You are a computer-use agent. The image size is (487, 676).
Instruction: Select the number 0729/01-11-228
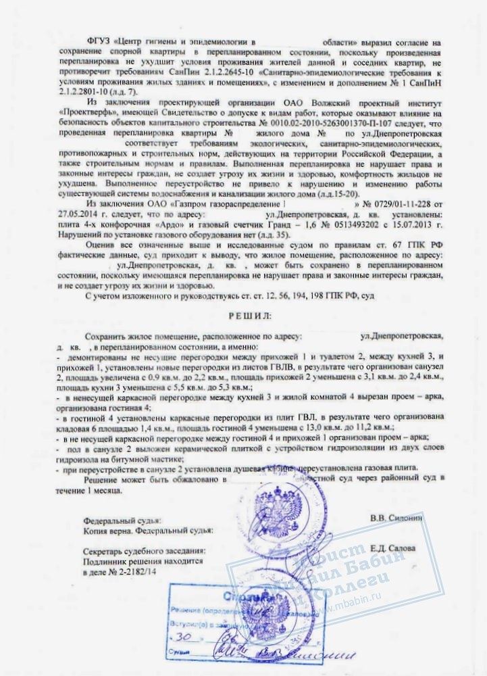pyautogui.click(x=400, y=203)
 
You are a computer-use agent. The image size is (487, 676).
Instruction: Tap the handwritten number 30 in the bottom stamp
pyautogui.click(x=179, y=637)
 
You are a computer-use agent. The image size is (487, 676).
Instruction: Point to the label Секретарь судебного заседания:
pyautogui.click(x=142, y=551)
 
